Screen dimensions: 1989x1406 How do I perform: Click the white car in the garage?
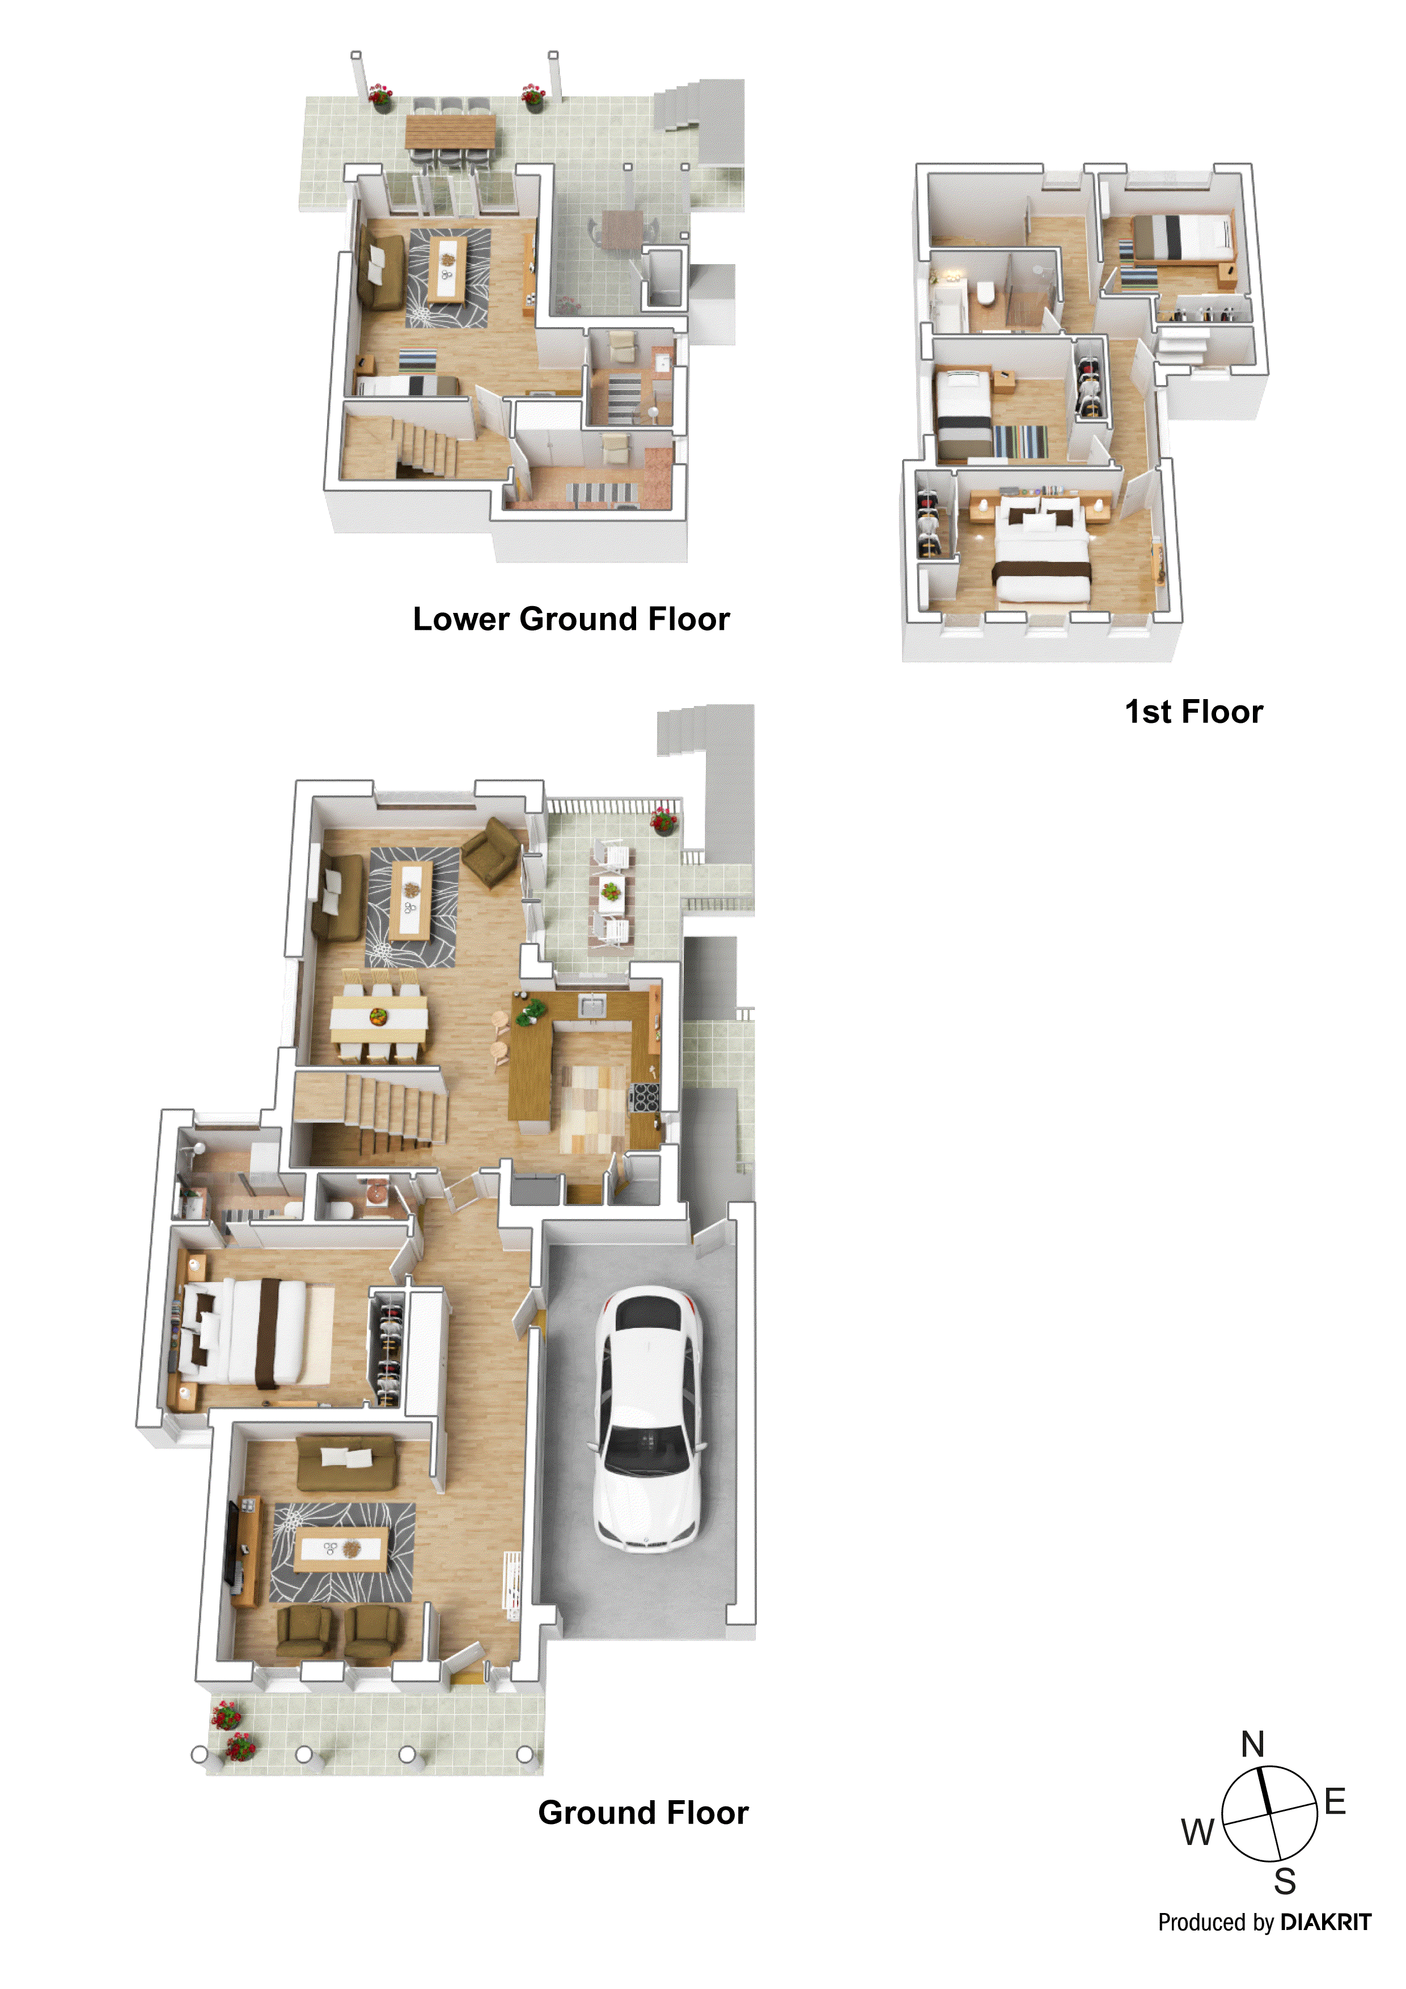tap(647, 1418)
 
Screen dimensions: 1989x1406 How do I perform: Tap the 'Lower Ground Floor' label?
tap(571, 619)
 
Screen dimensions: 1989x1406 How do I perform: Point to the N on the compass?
tap(1253, 1744)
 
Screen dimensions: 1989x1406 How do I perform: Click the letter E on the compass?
tap(1335, 1802)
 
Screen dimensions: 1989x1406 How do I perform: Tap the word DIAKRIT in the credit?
tap(1325, 1922)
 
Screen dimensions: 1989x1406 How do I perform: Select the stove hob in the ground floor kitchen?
tap(643, 1097)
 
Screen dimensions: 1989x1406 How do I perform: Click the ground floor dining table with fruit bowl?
tap(379, 1016)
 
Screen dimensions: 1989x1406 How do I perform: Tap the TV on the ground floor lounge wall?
tap(233, 1544)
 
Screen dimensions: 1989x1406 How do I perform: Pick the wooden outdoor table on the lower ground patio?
tap(451, 132)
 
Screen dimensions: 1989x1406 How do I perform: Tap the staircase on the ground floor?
tap(381, 1109)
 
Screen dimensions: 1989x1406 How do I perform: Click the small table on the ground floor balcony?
tap(612, 894)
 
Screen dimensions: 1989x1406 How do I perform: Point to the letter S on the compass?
tap(1285, 1882)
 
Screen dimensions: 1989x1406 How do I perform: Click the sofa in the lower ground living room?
tap(381, 272)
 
